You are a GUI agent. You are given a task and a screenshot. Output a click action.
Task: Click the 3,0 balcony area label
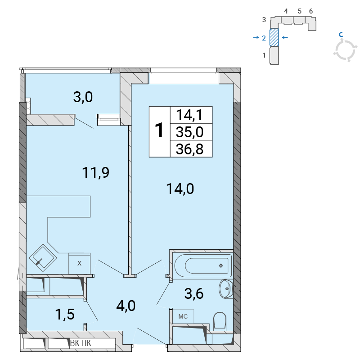point(83,97)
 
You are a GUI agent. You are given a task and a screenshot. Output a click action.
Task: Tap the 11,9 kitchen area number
point(95,173)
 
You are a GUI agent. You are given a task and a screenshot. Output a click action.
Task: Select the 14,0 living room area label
point(180,189)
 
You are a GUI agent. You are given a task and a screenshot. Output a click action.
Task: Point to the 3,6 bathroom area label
point(194,294)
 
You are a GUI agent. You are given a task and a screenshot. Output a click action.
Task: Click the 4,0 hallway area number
point(126,306)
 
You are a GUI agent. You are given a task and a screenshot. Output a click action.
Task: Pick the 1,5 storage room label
point(65,314)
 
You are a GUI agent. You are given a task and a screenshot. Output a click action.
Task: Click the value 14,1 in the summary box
point(189,115)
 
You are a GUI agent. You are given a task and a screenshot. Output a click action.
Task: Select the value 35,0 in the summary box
point(189,132)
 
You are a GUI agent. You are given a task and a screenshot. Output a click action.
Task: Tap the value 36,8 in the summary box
point(189,149)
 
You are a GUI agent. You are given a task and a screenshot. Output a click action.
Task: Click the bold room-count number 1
point(159,130)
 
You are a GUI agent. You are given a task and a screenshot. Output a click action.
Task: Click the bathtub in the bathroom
point(203,265)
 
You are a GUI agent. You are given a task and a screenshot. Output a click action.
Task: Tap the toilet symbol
point(220,321)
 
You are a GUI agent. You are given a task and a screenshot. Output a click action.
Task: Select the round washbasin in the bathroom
point(226,289)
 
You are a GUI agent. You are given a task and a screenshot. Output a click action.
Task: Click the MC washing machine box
point(183,317)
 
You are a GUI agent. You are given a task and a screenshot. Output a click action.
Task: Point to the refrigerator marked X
point(79,263)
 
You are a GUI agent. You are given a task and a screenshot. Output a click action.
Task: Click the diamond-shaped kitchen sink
point(43,257)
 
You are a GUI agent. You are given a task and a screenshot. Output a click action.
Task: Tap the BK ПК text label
point(81,343)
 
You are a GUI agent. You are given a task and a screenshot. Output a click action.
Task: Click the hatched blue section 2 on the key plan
point(274,37)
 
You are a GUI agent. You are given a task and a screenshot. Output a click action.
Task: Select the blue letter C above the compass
point(341,35)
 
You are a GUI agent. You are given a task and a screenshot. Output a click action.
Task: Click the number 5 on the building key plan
point(299,11)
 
